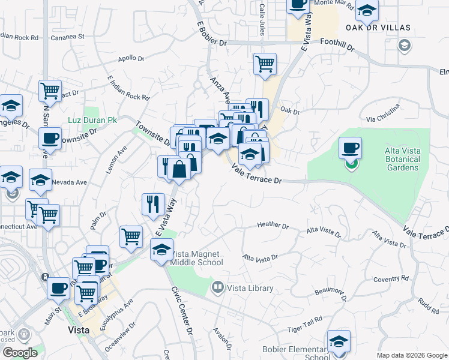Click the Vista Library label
tap(250, 289)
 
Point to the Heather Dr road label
tap(273, 225)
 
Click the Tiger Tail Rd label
tap(301, 329)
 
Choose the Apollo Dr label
tap(131, 59)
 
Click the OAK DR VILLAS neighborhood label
tap(378, 28)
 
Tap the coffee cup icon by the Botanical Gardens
tap(351, 147)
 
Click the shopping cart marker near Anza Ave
tap(265, 63)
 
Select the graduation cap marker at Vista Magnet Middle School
tap(161, 251)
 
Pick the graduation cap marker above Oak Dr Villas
tap(367, 10)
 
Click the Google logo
tap(20, 353)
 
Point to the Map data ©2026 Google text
tap(411, 355)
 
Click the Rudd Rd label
tap(429, 306)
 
